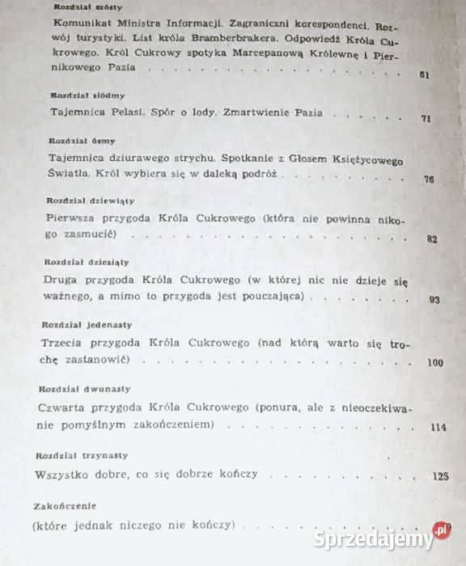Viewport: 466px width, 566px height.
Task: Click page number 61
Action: [x=423, y=75]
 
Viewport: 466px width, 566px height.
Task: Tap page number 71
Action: [x=426, y=118]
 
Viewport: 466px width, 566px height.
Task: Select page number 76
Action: [x=429, y=179]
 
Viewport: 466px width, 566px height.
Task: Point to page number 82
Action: [x=431, y=239]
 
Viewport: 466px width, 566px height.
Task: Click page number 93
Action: [x=434, y=299]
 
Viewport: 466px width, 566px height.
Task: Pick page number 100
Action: [x=435, y=362]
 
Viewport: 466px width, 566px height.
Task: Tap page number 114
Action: [x=439, y=428]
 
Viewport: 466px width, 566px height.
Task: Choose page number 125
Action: [x=440, y=476]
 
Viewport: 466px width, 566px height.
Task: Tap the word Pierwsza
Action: [x=74, y=219]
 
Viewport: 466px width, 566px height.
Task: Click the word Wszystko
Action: [x=67, y=475]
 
